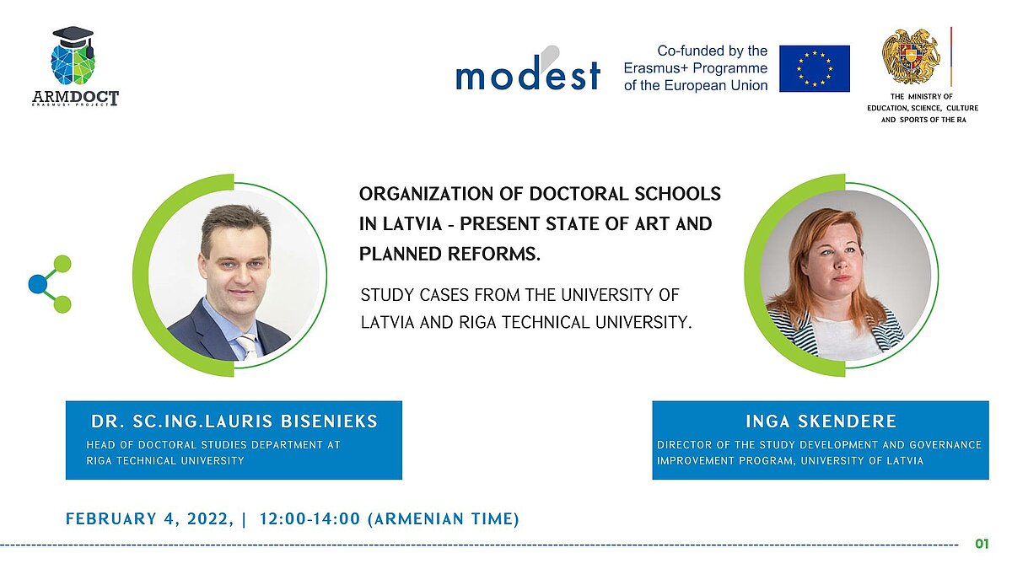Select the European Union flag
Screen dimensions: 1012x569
[x=814, y=68]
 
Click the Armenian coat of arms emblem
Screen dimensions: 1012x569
[x=912, y=56]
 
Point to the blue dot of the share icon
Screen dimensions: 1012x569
[x=37, y=283]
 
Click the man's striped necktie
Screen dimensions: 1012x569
[x=248, y=346]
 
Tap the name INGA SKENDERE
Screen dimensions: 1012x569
[x=821, y=421]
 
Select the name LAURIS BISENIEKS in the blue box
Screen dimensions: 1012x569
[x=291, y=421]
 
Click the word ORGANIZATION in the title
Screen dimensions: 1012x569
[x=426, y=194]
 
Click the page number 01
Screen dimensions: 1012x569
[x=982, y=544]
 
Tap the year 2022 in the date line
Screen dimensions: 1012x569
[x=210, y=519]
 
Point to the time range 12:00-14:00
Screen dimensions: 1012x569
[x=310, y=519]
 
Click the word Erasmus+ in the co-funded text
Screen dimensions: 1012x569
[x=656, y=68]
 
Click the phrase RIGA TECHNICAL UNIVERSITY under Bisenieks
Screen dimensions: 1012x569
[x=165, y=460]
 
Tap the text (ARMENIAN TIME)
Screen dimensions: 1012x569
[x=444, y=519]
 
